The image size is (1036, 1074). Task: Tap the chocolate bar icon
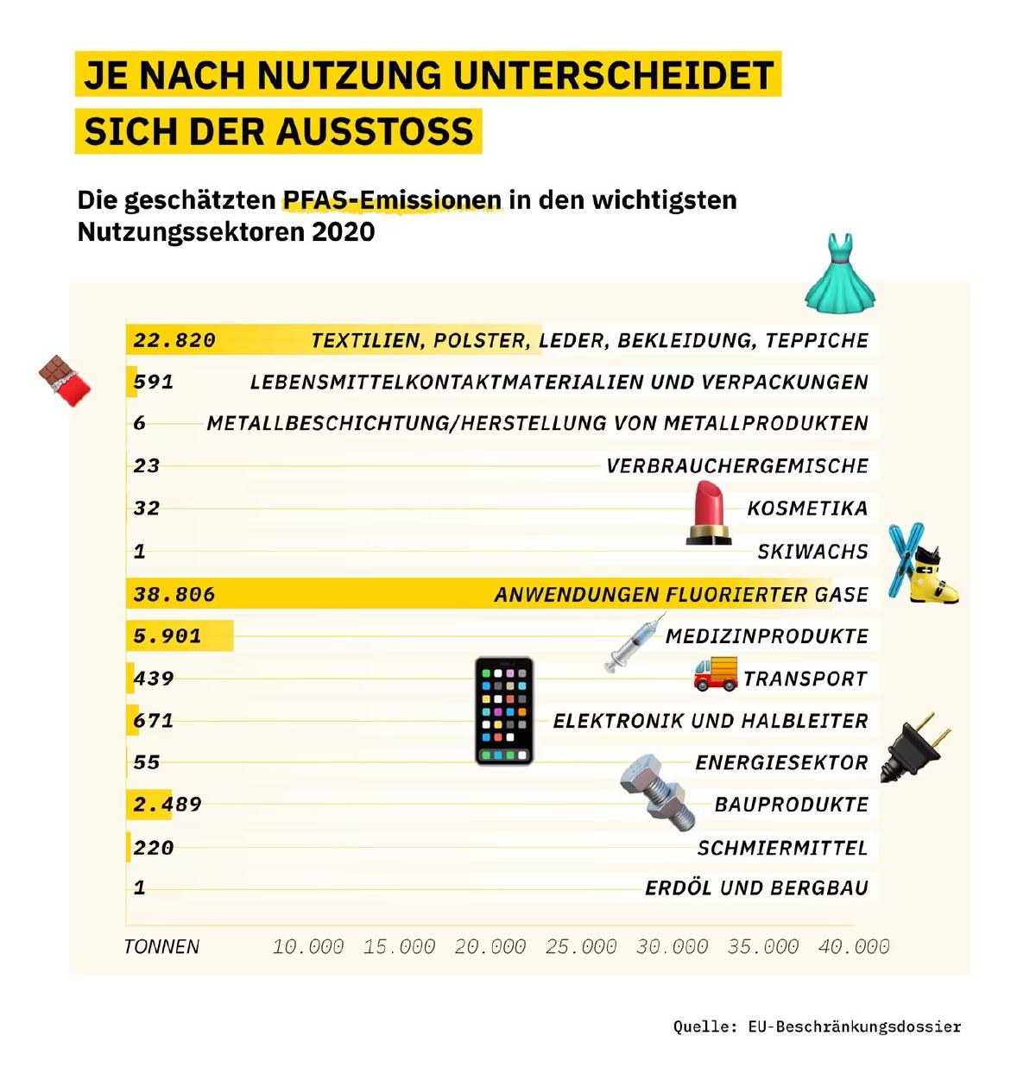[64, 380]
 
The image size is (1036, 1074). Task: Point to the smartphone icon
[503, 711]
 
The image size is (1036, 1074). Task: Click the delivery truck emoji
[716, 673]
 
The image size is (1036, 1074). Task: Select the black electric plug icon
[914, 748]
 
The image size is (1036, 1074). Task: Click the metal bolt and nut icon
[657, 793]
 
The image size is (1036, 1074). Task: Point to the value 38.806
[174, 594]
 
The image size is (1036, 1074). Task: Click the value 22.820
[174, 340]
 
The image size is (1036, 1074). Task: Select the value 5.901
[167, 635]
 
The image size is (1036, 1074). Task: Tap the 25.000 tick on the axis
[581, 946]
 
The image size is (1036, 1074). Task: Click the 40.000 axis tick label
[853, 946]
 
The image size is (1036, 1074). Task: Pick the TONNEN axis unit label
[161, 946]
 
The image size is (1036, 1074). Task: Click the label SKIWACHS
[812, 552]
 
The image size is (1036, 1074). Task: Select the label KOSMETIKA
[807, 508]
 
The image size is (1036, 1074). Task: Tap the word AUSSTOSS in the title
[376, 131]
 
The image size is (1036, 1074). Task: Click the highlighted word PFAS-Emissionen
[393, 199]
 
